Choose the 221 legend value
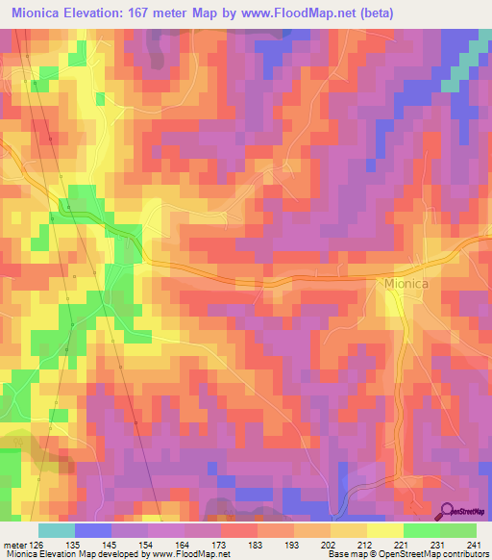[x=401, y=544]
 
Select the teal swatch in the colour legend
[x=57, y=530]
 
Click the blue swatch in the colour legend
[x=93, y=530]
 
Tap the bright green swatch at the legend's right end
[x=458, y=530]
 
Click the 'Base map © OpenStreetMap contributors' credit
[x=407, y=553]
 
